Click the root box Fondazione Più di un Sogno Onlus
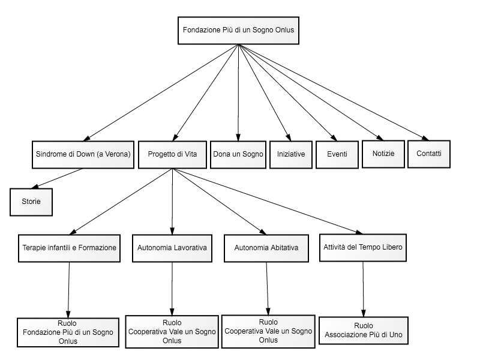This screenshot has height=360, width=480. (238, 31)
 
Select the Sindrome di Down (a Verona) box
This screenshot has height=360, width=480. (83, 155)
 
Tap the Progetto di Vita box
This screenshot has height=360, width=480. (172, 155)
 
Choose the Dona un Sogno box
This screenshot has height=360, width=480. (238, 155)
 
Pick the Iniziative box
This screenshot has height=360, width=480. (291, 155)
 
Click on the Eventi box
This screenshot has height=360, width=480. (337, 155)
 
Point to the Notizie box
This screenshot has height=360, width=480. (383, 154)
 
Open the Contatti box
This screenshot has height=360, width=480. (429, 154)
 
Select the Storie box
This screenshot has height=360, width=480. (31, 202)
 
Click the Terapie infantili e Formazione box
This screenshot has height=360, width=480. (69, 248)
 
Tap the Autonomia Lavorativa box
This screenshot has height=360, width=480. (172, 248)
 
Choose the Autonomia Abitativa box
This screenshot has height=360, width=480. (266, 248)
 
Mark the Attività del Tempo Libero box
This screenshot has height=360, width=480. (363, 248)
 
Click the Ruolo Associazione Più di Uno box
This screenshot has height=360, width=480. (364, 331)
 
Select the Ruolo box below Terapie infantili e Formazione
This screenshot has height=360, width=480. (68, 332)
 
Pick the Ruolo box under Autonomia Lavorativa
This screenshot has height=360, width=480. (172, 332)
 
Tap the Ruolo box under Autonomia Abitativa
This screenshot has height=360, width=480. (268, 332)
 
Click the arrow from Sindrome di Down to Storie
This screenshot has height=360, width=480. (57, 178)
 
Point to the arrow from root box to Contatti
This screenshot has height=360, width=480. (334, 92)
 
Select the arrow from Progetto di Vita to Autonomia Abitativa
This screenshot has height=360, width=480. (219, 202)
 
